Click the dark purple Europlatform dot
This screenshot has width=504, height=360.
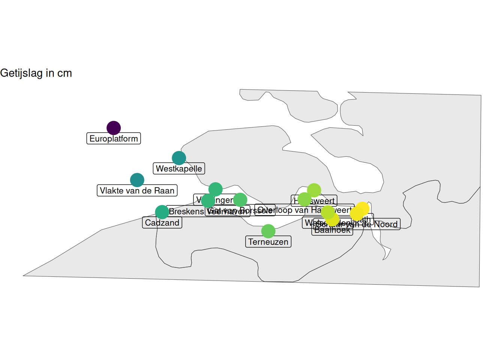(114, 128)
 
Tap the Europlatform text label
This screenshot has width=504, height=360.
(114, 139)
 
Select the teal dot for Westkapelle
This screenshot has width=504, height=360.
(179, 158)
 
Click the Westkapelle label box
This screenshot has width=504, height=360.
(179, 169)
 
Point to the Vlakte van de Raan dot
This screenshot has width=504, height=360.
(137, 180)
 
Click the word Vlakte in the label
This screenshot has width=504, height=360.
(112, 190)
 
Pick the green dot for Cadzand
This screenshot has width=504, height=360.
(162, 212)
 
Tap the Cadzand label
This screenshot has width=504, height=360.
(162, 223)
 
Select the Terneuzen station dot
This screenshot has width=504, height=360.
(268, 231)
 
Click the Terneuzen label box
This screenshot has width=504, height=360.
(268, 242)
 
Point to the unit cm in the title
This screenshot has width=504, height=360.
(64, 73)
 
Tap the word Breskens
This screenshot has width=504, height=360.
(186, 211)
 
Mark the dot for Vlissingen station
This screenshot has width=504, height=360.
(215, 189)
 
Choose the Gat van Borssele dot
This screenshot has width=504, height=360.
(240, 200)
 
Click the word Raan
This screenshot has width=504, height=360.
(165, 190)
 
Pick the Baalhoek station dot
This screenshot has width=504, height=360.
(332, 219)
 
